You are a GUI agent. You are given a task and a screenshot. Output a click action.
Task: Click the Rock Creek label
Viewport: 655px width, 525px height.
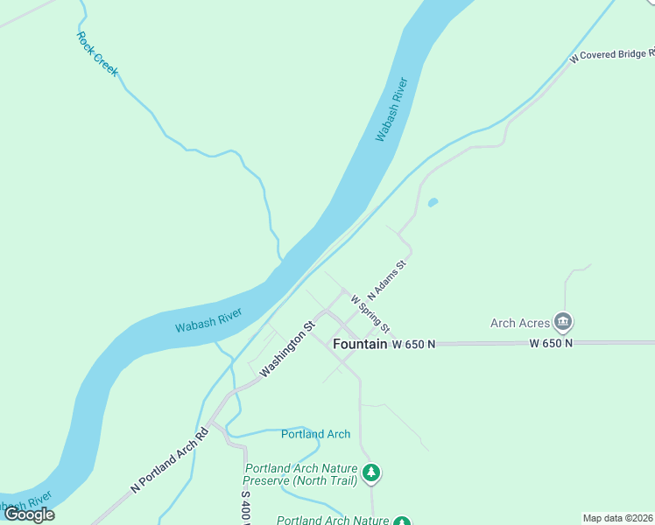point(96,53)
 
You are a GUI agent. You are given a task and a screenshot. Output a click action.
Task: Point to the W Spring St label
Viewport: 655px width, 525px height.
point(370,312)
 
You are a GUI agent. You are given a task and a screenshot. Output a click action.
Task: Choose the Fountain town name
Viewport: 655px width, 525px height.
point(360,345)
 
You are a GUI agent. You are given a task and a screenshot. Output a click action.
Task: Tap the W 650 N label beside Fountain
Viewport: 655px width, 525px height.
point(413,345)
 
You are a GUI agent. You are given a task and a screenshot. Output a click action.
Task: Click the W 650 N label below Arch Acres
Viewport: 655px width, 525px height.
point(551,344)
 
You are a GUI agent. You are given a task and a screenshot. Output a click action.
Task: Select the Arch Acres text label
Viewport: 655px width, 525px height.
point(519,323)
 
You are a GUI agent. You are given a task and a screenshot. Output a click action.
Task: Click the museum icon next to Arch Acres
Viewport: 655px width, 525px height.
point(564,323)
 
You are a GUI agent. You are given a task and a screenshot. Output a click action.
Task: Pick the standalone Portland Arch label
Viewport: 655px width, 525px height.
point(315,434)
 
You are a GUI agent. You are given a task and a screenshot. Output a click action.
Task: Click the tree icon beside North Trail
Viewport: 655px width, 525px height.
point(372,473)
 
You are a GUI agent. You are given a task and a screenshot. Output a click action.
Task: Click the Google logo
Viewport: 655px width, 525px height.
point(29,514)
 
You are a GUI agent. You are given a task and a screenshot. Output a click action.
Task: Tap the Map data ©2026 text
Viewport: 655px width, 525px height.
point(618,518)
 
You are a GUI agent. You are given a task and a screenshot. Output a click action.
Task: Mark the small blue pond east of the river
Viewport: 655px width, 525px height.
point(433,203)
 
